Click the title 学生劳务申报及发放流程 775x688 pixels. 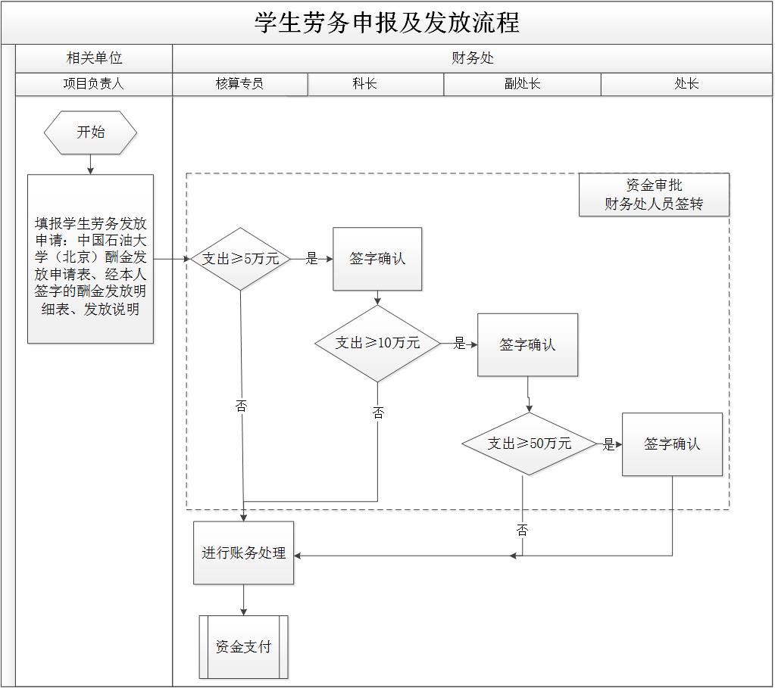(x=387, y=23)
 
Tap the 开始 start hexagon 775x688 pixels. (x=91, y=132)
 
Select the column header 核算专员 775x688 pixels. (x=239, y=84)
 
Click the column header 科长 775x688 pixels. (x=364, y=84)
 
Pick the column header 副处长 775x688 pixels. (x=522, y=84)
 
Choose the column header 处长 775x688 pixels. (x=686, y=84)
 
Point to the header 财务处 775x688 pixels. (x=473, y=58)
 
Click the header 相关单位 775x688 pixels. (x=94, y=58)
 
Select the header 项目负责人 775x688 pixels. (x=93, y=84)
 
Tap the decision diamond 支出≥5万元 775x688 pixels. (x=240, y=259)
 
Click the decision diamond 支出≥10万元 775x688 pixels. (x=377, y=343)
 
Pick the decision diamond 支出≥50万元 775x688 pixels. (x=529, y=444)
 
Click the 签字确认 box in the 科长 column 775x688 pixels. (x=377, y=259)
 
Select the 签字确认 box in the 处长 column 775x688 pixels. (x=672, y=444)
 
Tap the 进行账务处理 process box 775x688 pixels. (x=243, y=553)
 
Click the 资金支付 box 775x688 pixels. (x=243, y=647)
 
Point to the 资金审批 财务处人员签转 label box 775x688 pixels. (x=654, y=195)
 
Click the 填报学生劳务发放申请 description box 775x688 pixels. (x=91, y=259)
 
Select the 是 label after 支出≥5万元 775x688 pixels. (x=311, y=259)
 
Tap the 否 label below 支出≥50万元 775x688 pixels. (x=522, y=531)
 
